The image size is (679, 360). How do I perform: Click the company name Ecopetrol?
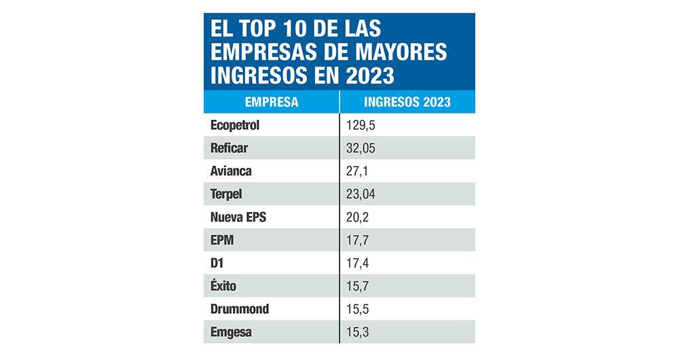click(x=235, y=125)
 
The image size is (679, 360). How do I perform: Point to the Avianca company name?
click(x=231, y=171)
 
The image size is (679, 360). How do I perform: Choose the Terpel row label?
click(x=226, y=194)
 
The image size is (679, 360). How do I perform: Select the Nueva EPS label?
click(x=238, y=217)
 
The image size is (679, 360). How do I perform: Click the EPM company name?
click(x=223, y=240)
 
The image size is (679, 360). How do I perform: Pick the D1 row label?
click(x=218, y=263)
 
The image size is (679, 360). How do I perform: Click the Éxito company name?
click(x=224, y=286)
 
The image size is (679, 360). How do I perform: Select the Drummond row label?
click(x=240, y=309)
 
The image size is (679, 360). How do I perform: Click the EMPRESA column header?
click(x=271, y=102)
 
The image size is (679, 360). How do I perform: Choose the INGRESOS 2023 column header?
click(x=407, y=102)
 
